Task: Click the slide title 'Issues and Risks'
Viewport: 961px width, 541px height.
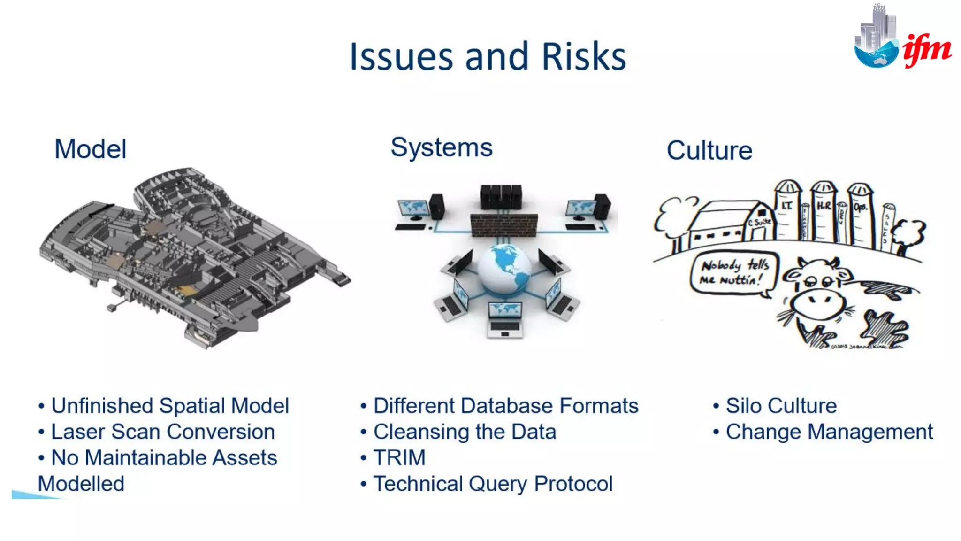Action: tap(488, 56)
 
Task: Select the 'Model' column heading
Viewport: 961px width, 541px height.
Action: tap(91, 149)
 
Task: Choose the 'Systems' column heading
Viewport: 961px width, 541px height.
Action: tap(442, 147)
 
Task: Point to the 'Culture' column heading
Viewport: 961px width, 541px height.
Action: tap(709, 150)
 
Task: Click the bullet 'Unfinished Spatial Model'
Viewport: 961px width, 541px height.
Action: tap(170, 406)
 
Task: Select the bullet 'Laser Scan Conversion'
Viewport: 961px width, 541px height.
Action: tap(163, 432)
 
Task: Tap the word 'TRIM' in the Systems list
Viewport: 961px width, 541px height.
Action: tap(399, 457)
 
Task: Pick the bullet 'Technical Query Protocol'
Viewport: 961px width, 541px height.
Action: tap(493, 484)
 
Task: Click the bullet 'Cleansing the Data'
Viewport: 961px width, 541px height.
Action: tap(465, 432)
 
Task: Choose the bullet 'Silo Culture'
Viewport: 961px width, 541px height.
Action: tap(781, 406)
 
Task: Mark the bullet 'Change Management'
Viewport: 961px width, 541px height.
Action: tap(829, 432)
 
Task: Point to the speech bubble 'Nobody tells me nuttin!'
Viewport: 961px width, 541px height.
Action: tap(733, 273)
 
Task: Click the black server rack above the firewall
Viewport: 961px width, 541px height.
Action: tap(501, 197)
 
